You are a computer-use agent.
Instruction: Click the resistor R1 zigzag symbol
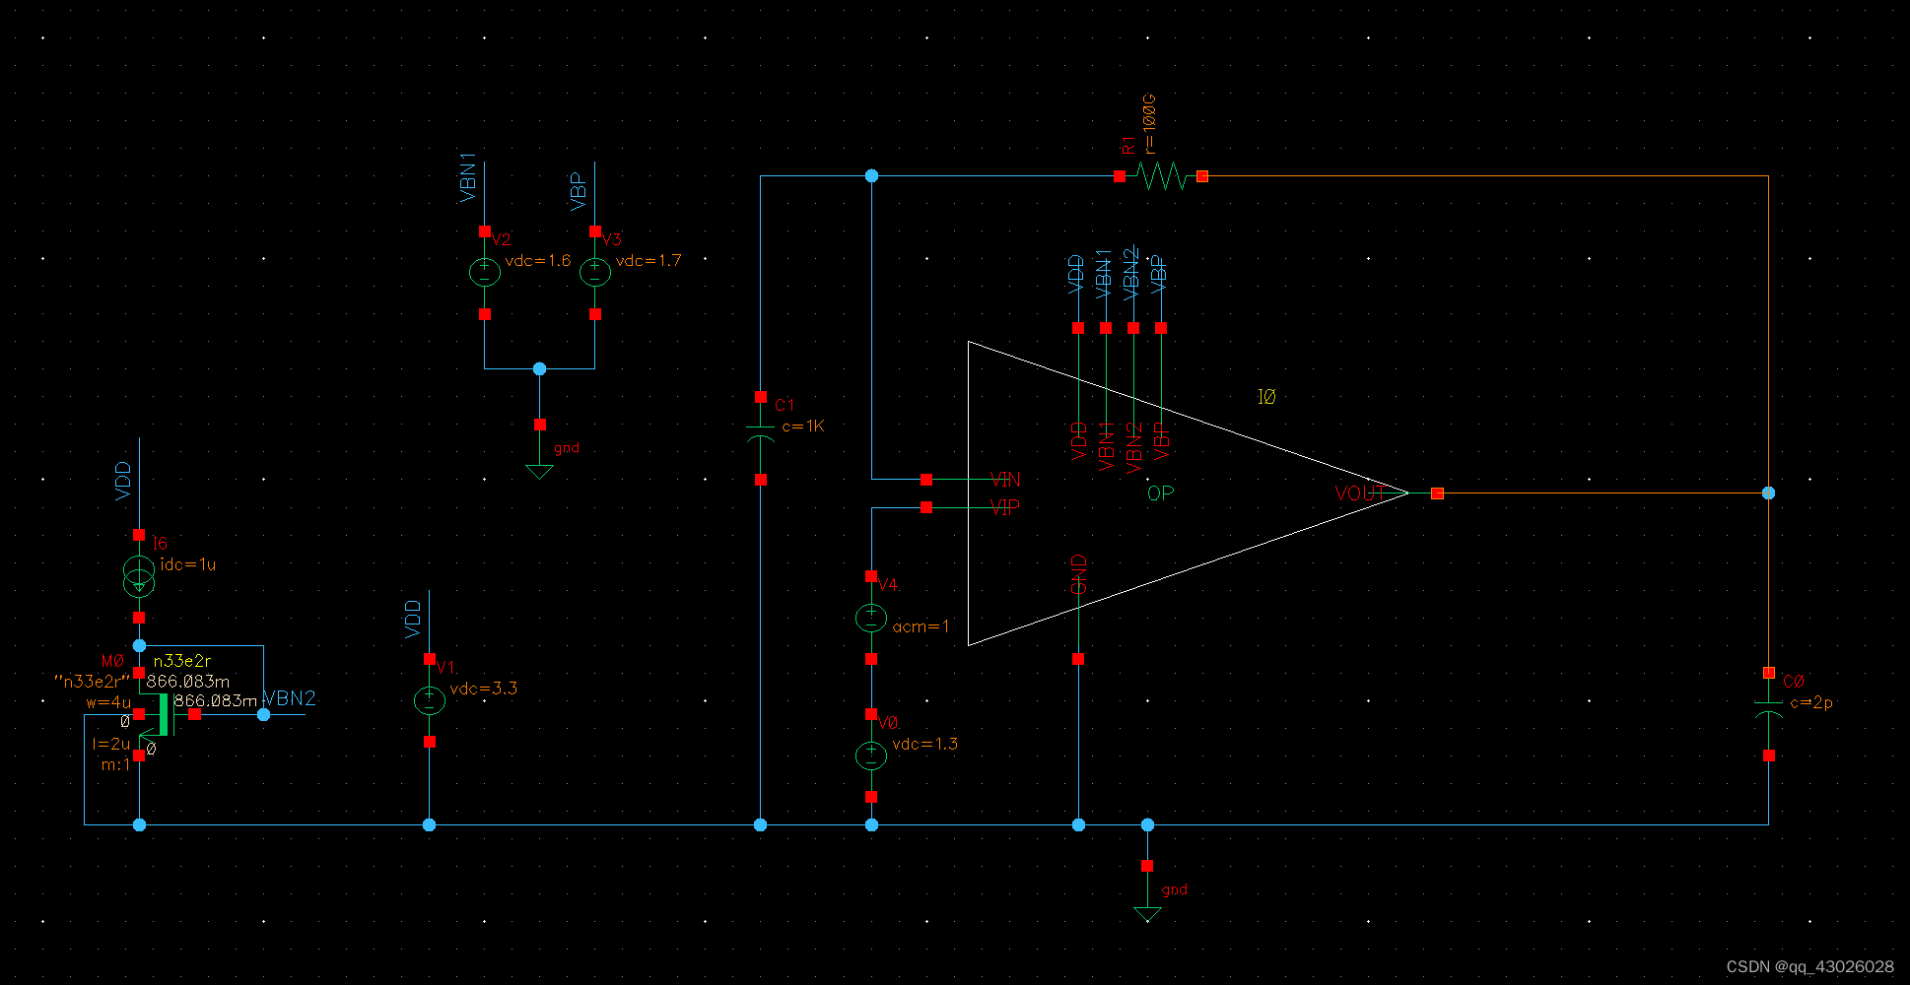point(1161,176)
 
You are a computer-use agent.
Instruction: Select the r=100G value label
point(1149,124)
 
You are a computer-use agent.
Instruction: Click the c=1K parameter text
point(803,427)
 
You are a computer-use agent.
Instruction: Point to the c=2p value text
point(1811,702)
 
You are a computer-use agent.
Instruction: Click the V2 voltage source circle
point(484,272)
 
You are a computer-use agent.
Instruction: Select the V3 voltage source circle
point(594,272)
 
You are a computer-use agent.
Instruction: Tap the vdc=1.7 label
point(648,261)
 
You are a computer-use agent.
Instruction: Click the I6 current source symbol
point(139,576)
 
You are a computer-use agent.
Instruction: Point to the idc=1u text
point(187,564)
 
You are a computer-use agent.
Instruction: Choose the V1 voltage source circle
point(429,700)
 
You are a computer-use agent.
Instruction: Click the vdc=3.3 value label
point(483,689)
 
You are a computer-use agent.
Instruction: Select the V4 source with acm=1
point(871,618)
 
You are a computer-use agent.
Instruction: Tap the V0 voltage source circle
point(871,755)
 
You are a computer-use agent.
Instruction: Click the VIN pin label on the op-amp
point(1005,480)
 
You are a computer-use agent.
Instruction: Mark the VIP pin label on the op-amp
point(1005,507)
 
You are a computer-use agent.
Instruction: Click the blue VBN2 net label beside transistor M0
point(290,698)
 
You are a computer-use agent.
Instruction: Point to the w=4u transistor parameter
point(108,702)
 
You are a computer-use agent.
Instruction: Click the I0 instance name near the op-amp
point(1266,397)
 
